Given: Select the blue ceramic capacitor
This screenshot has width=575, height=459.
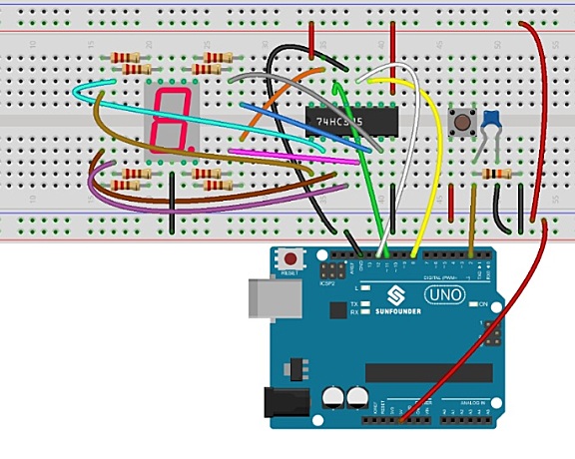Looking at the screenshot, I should [x=490, y=122].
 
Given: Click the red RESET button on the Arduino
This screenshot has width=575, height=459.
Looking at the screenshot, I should [x=292, y=257].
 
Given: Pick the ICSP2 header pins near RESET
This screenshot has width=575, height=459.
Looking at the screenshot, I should [x=332, y=270].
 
